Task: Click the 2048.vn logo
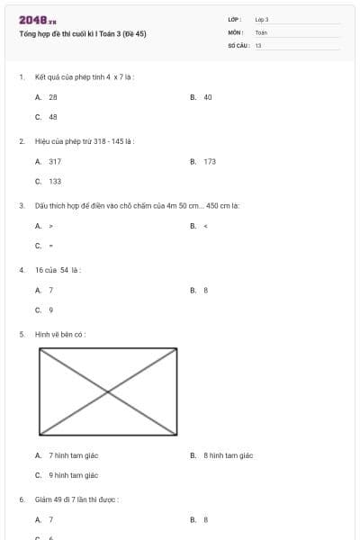[31, 20]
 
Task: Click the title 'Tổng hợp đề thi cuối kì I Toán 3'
[82, 33]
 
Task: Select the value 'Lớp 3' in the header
[262, 19]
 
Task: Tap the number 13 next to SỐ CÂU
[258, 44]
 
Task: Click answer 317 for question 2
[55, 161]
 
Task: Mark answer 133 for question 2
[55, 181]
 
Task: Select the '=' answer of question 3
[50, 246]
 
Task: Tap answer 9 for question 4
[50, 310]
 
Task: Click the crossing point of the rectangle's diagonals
[108, 391]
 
